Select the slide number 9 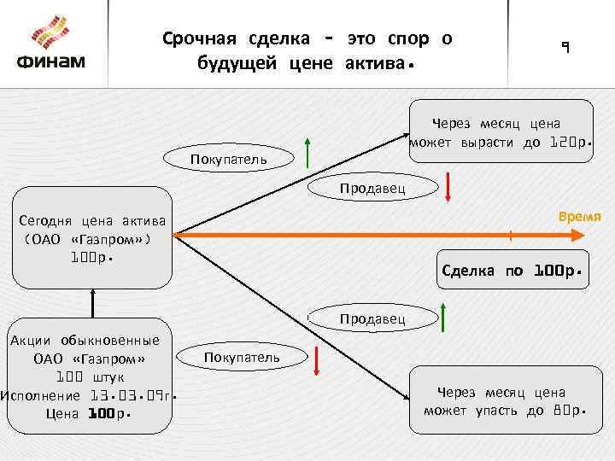click(x=564, y=48)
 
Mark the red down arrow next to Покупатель click(x=317, y=360)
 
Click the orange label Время click(x=580, y=216)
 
